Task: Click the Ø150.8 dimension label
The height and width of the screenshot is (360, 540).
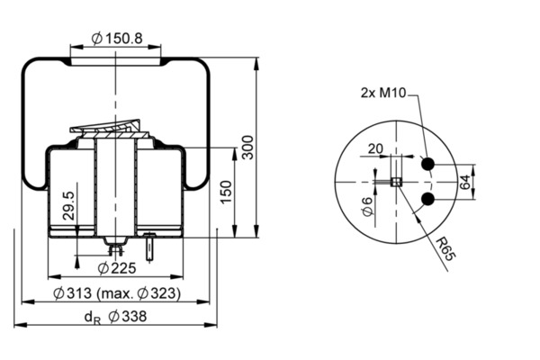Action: (x=117, y=38)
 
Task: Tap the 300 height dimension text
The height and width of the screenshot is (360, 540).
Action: (x=247, y=147)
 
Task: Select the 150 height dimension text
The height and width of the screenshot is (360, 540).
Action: (x=226, y=192)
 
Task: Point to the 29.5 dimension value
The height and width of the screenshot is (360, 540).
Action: (x=69, y=206)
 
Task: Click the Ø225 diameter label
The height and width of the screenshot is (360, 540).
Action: (x=117, y=268)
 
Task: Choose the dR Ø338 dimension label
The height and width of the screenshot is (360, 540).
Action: (x=115, y=317)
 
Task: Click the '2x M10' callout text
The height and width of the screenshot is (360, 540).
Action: (x=383, y=93)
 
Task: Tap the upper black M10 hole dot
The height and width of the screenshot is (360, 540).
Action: (x=428, y=164)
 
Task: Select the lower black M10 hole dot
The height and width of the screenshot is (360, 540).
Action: (x=428, y=199)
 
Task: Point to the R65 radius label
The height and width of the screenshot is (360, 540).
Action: (x=445, y=249)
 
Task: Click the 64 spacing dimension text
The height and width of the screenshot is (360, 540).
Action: (x=464, y=182)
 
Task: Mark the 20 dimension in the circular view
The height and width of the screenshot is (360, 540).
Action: (x=375, y=148)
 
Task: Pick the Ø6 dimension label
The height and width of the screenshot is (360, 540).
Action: (x=368, y=206)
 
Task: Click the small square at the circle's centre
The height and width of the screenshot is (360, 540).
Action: (x=396, y=182)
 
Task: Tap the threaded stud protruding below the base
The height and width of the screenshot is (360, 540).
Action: (x=149, y=247)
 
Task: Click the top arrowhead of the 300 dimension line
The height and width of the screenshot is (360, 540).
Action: (x=256, y=63)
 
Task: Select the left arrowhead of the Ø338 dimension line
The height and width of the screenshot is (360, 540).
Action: (x=20, y=325)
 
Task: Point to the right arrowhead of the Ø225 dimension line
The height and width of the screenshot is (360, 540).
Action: (x=177, y=276)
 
